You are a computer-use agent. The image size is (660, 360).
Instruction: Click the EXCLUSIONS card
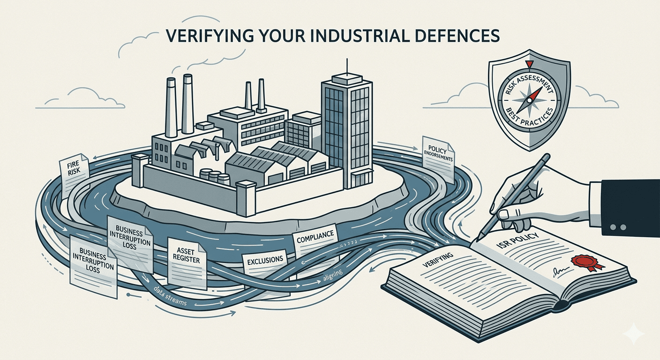[265, 261]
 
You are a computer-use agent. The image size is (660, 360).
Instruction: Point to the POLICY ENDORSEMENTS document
[438, 156]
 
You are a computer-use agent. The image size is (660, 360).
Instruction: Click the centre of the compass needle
[530, 100]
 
